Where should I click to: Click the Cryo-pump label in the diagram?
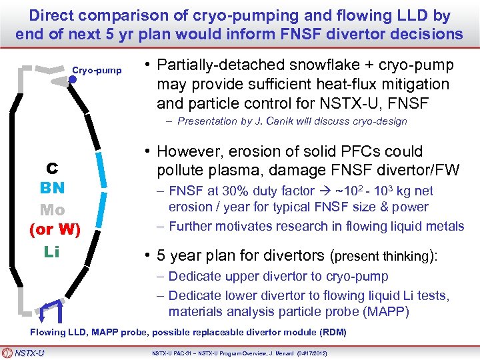click(97, 69)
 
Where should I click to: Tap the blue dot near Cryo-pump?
click(73, 79)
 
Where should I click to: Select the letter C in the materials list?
click(51, 169)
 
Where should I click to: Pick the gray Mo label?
click(52, 209)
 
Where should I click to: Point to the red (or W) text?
click(55, 231)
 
